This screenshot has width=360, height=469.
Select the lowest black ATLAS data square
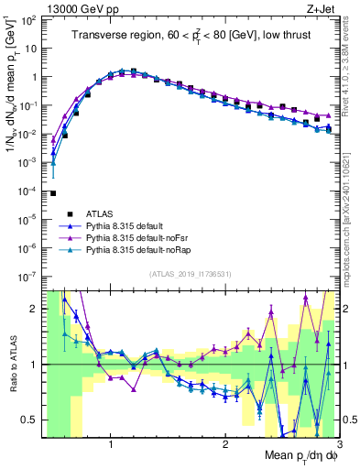point(53,193)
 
